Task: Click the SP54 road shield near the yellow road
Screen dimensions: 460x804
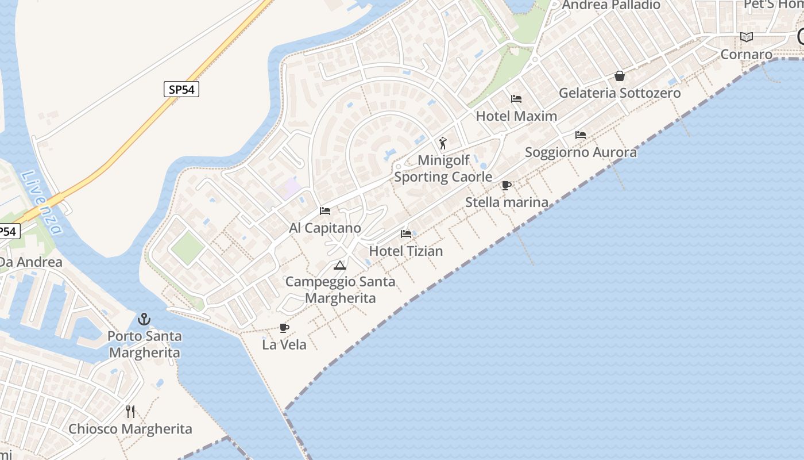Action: pyautogui.click(x=181, y=89)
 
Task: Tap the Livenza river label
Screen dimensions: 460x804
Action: pyautogui.click(x=42, y=202)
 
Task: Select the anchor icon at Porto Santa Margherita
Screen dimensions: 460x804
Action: pyautogui.click(x=144, y=319)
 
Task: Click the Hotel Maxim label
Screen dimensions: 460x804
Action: pyautogui.click(x=516, y=116)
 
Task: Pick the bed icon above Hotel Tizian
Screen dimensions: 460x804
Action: pyautogui.click(x=406, y=234)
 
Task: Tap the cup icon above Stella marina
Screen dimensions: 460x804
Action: pyautogui.click(x=506, y=185)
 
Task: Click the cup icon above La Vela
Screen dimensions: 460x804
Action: pyautogui.click(x=284, y=328)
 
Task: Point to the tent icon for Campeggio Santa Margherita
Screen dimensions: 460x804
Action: pyautogui.click(x=340, y=265)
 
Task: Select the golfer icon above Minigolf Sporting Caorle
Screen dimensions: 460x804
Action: pyautogui.click(x=442, y=143)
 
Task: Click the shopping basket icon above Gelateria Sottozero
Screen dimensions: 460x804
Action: pyautogui.click(x=620, y=76)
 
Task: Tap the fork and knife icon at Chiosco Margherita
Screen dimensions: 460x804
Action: pyautogui.click(x=130, y=411)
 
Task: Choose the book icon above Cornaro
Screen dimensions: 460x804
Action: pyautogui.click(x=747, y=37)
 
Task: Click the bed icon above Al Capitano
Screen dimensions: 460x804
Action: pyautogui.click(x=325, y=211)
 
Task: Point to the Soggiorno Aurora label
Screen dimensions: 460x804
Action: pyautogui.click(x=581, y=152)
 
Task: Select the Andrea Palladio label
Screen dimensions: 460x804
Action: pyautogui.click(x=611, y=5)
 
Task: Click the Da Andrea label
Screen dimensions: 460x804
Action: pyautogui.click(x=30, y=262)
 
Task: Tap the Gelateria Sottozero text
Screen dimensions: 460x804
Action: pyautogui.click(x=620, y=93)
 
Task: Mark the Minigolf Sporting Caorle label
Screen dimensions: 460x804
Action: pyautogui.click(x=443, y=168)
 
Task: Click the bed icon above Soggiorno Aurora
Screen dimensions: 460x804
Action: pyautogui.click(x=581, y=135)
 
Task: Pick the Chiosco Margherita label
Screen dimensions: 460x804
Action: pyautogui.click(x=130, y=429)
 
